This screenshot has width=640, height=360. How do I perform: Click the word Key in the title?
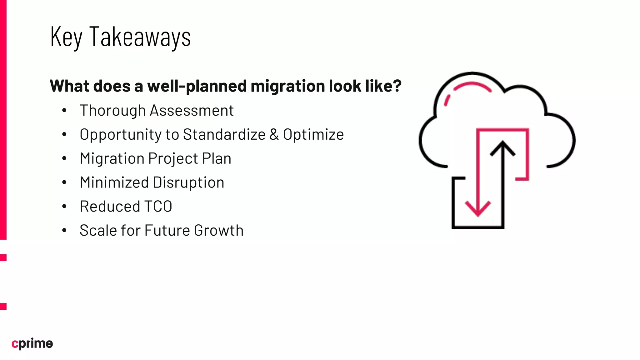tap(66, 37)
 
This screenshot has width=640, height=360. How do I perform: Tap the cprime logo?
tap(32, 343)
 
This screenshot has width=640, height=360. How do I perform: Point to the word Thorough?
tap(112, 111)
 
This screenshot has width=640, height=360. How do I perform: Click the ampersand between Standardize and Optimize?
tap(274, 134)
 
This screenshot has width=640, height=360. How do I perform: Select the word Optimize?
tap(313, 135)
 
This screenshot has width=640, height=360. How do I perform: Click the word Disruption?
tap(188, 182)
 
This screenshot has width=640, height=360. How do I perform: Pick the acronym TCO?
tap(158, 207)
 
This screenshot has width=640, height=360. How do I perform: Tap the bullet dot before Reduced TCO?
tap(64, 206)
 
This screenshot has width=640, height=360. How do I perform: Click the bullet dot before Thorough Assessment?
tap(64, 110)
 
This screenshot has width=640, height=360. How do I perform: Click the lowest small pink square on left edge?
tap(3, 306)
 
